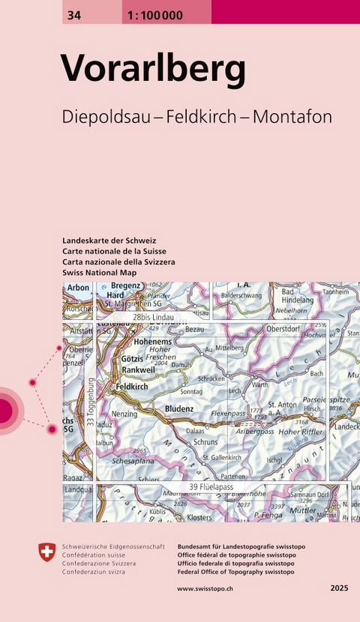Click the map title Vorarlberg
click(x=153, y=69)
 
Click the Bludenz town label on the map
click(x=179, y=409)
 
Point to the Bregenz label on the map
click(x=125, y=286)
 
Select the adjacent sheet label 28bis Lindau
click(x=154, y=318)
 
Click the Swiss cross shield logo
click(x=46, y=553)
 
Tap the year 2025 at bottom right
click(x=339, y=589)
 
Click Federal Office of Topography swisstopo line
click(x=235, y=571)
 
